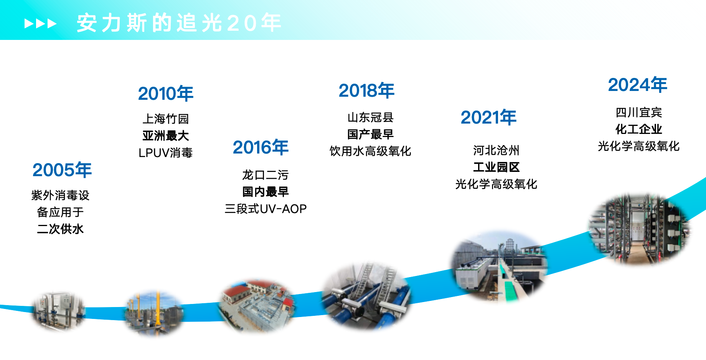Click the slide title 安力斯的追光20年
point(179,23)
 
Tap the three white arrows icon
point(40,24)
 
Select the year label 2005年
point(62,170)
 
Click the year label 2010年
point(166,94)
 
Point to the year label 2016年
point(261,147)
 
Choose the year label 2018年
point(366,91)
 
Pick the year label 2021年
point(488,117)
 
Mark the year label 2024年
point(638,85)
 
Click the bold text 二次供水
point(60,229)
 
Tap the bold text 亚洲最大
point(166,136)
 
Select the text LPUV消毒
point(166,153)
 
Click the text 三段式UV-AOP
point(266,209)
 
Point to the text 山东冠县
point(370,117)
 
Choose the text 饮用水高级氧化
point(370,151)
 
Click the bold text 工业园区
point(496,167)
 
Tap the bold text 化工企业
point(638,129)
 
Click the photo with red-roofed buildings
point(256,305)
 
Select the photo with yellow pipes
point(153,313)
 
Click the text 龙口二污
point(265,175)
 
